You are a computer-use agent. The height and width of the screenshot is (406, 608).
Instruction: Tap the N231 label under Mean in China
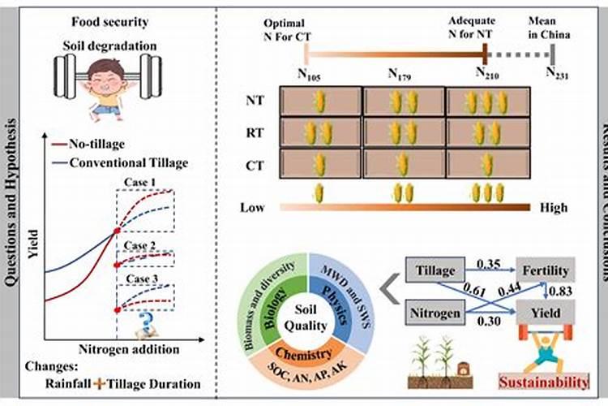pyautogui.click(x=556, y=72)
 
